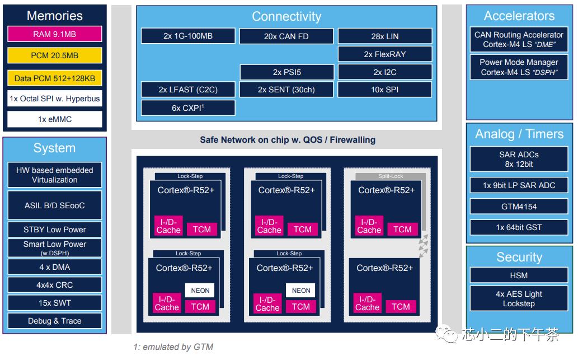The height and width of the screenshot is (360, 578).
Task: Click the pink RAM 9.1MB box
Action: tap(55, 34)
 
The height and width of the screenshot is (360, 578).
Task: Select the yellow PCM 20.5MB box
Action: tap(55, 55)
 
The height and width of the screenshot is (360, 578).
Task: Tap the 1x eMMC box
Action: tap(55, 119)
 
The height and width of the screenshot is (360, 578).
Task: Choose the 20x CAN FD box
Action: tap(286, 36)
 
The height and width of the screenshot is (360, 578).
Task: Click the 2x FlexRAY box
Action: tap(385, 54)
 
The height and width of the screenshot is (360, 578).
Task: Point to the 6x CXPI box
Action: tap(188, 107)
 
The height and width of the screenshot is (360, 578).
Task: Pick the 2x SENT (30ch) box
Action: tap(286, 90)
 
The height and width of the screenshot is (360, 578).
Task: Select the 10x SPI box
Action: tap(385, 90)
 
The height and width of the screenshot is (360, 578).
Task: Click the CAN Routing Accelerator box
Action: tap(519, 39)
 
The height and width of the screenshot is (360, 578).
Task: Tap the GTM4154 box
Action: tap(519, 207)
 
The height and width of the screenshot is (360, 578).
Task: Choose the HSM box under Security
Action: tap(519, 275)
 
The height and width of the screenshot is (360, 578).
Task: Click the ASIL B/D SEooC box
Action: tap(55, 205)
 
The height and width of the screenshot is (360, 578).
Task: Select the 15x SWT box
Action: tap(55, 303)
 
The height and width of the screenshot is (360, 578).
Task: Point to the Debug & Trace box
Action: tap(55, 321)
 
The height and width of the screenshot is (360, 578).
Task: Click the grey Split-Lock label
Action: tap(391, 176)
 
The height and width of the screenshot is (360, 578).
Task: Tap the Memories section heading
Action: tap(55, 16)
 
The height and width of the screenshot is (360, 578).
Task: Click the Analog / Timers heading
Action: tap(519, 134)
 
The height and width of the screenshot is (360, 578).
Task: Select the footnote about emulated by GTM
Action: tap(173, 347)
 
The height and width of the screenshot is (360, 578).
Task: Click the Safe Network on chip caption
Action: tap(288, 139)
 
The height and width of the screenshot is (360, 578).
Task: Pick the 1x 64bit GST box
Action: tap(519, 227)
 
